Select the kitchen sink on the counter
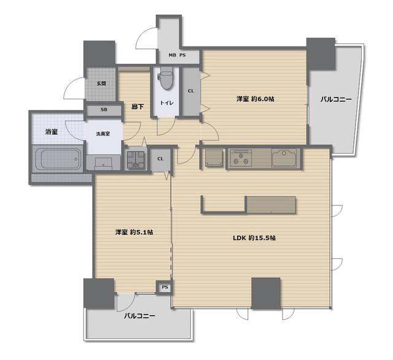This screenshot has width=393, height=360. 285,158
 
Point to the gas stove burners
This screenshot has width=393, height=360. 241,158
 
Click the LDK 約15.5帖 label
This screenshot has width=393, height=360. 254,238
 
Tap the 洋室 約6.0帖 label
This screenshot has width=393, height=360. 255,99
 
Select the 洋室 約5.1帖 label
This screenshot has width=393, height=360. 134,232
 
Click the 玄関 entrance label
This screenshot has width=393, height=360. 101,83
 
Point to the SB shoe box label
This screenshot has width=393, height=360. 104,110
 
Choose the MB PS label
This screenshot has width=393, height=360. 177,55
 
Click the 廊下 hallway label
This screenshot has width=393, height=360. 138,107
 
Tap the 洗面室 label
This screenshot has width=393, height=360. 103,134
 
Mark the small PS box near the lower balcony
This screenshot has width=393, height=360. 165,288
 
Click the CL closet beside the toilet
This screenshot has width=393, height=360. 191,91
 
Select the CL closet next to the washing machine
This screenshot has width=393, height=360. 161,159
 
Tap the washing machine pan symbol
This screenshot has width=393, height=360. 136,161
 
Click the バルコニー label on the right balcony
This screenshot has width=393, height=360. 336,99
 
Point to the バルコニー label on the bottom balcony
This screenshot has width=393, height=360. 139,316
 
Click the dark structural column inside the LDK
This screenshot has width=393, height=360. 266,293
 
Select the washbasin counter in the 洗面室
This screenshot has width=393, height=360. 103,163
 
